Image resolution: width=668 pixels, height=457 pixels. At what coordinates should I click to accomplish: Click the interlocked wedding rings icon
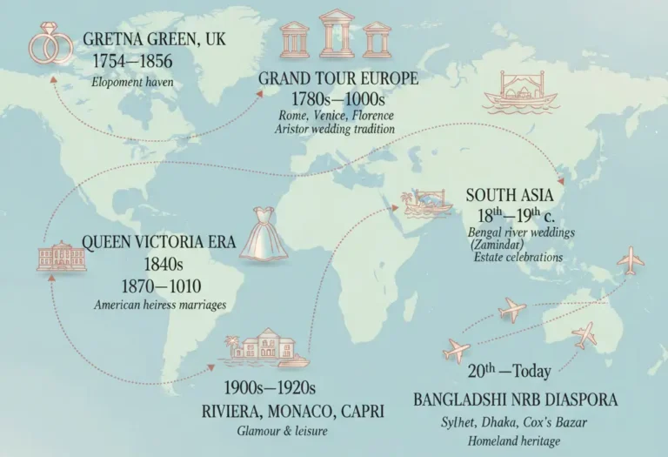pos(50,44)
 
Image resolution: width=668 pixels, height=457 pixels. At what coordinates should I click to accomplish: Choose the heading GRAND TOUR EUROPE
pos(338,79)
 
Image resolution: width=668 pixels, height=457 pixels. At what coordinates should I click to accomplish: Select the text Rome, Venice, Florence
pos(336,115)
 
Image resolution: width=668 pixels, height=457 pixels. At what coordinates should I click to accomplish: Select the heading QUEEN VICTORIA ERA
pos(157,242)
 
